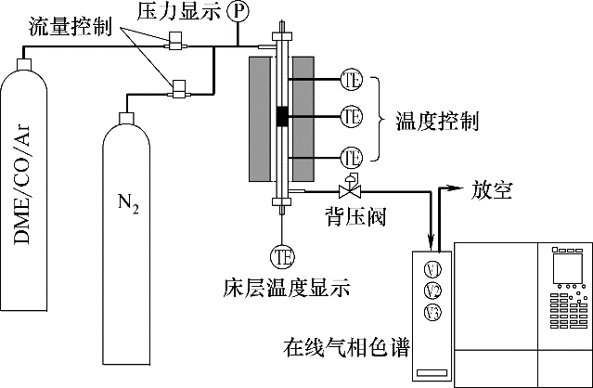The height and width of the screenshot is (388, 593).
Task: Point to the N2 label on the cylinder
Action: click(129, 201)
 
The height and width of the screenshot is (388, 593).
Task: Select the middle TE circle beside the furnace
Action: click(351, 118)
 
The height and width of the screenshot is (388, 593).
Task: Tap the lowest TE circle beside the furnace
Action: click(351, 157)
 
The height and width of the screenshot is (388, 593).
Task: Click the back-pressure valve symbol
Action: click(350, 190)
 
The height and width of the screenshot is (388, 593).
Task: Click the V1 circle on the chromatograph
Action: click(432, 270)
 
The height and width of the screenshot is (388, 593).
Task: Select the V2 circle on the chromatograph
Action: click(432, 291)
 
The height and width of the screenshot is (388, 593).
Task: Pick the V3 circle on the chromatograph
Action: click(432, 311)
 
